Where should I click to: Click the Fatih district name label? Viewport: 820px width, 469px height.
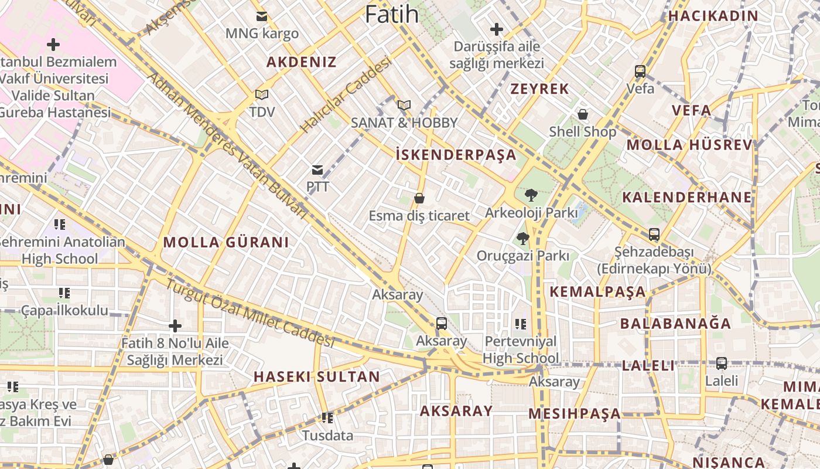click(x=392, y=14)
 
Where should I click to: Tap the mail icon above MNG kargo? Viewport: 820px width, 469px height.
click(x=262, y=16)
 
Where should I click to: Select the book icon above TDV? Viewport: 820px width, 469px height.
click(x=262, y=94)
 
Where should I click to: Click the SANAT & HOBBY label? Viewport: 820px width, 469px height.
click(x=404, y=123)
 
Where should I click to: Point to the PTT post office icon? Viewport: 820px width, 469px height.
click(x=317, y=170)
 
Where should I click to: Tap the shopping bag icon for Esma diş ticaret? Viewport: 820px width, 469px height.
click(x=419, y=199)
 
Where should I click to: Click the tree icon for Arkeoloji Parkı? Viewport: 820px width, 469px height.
click(x=531, y=195)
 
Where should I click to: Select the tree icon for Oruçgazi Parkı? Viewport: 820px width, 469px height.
click(x=522, y=239)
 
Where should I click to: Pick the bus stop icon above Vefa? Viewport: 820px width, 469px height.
click(x=640, y=72)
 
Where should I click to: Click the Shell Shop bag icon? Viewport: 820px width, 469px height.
click(x=583, y=114)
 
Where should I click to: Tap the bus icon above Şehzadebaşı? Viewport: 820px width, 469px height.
click(x=654, y=235)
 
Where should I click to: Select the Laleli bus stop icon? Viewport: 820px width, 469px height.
click(x=722, y=363)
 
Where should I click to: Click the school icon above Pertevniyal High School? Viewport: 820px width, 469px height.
click(x=521, y=324)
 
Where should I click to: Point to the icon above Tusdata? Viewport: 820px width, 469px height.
click(x=327, y=418)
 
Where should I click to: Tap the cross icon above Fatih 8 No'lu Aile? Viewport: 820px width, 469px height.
click(x=175, y=326)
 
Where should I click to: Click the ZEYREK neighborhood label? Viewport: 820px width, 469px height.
click(x=539, y=89)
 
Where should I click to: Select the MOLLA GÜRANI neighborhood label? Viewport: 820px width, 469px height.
click(x=226, y=242)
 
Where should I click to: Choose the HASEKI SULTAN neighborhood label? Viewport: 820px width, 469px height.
click(x=317, y=377)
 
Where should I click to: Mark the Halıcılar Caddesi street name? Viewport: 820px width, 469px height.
click(x=346, y=94)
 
